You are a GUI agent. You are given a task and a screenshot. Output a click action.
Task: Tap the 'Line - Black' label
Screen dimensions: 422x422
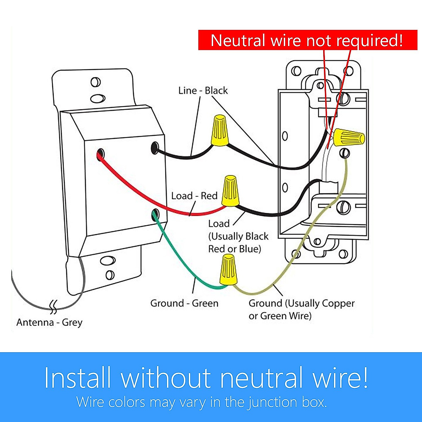pos(203,90)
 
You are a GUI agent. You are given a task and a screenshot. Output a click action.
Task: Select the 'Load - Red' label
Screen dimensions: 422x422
pos(194,196)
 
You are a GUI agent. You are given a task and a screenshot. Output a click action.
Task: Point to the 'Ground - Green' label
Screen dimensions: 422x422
pos(184,303)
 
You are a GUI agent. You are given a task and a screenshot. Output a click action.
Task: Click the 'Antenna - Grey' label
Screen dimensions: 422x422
pos(49,322)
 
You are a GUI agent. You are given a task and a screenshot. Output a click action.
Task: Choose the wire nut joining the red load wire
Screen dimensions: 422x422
pos(231,191)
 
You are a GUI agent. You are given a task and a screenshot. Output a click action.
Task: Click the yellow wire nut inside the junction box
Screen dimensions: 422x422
pos(349,137)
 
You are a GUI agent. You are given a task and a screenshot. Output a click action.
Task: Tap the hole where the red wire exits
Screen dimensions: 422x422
pos(101,153)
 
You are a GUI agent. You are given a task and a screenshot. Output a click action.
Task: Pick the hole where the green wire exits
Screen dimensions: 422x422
pos(154,214)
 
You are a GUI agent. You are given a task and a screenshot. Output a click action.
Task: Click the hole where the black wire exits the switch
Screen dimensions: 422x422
pos(154,148)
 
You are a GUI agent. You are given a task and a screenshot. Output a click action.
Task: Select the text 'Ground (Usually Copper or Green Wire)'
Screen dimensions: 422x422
pos(301,309)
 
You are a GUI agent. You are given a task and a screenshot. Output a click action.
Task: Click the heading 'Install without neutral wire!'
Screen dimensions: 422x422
pos(206,378)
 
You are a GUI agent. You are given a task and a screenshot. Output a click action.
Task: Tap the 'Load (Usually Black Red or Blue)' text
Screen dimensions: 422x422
pos(238,236)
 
